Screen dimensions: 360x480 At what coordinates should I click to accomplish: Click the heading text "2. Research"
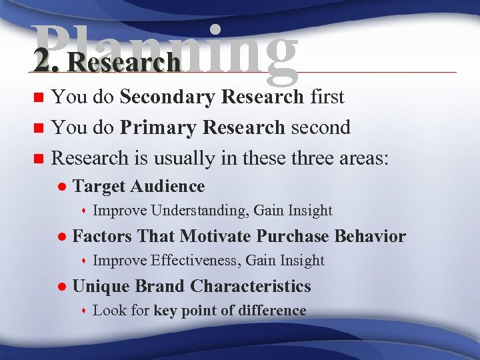tap(108, 62)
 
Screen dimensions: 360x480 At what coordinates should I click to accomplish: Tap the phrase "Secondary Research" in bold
tap(212, 97)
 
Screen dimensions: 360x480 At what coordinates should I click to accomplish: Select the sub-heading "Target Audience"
tap(138, 187)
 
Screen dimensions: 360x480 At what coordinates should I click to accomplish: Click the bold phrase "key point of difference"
tap(229, 311)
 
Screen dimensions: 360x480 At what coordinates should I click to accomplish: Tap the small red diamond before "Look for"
tap(84, 311)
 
